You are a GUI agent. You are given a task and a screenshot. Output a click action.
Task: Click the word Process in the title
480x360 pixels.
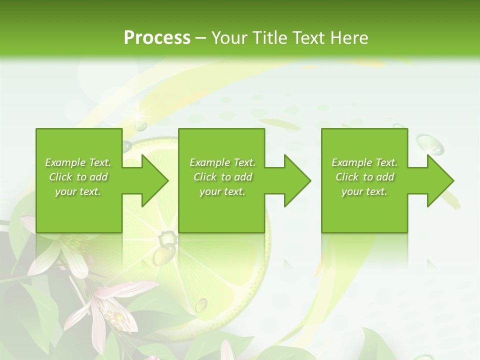click(157, 37)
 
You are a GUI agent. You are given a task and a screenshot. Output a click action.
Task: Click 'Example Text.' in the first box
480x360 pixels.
click(78, 162)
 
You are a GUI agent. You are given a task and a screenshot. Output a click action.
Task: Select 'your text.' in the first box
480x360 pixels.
click(78, 191)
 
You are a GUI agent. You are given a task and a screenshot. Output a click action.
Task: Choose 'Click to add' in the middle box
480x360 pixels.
click(222, 177)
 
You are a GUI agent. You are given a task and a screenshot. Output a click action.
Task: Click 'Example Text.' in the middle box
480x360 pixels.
click(222, 162)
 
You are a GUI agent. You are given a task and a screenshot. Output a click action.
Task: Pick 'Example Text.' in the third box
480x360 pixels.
click(364, 162)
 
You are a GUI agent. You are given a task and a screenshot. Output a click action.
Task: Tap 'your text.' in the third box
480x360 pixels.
click(364, 191)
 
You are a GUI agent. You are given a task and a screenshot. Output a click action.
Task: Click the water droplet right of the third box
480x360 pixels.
click(430, 145)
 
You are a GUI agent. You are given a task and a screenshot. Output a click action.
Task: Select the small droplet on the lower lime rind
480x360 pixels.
click(201, 303)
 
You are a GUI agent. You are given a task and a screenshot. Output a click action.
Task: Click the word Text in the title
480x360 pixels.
click(307, 37)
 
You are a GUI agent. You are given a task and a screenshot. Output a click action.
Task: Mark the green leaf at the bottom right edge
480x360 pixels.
click(380, 345)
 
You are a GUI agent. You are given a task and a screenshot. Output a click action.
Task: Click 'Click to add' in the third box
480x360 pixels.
click(364, 177)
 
